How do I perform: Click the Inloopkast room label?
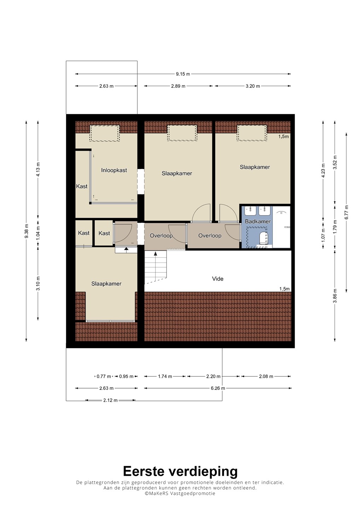pyautogui.click(x=114, y=170)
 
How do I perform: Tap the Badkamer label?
pyautogui.click(x=258, y=221)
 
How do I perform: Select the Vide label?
pyautogui.click(x=217, y=279)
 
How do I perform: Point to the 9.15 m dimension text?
pyautogui.click(x=183, y=74)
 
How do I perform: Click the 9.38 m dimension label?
pyautogui.click(x=27, y=231)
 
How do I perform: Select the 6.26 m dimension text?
pyautogui.click(x=218, y=388)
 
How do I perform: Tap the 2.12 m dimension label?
pyautogui.click(x=110, y=400)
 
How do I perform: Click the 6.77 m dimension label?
pyautogui.click(x=346, y=212)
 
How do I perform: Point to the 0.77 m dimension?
pyautogui.click(x=104, y=376)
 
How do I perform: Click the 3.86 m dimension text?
pyautogui.click(x=335, y=296)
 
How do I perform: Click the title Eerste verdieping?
pyautogui.click(x=180, y=471)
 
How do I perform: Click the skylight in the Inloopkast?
pyautogui.click(x=105, y=133)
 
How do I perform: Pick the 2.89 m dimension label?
pyautogui.click(x=178, y=86)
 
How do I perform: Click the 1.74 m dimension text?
pyautogui.click(x=165, y=376)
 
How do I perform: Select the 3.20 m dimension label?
pyautogui.click(x=253, y=86)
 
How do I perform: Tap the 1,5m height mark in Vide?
pyautogui.click(x=285, y=289)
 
